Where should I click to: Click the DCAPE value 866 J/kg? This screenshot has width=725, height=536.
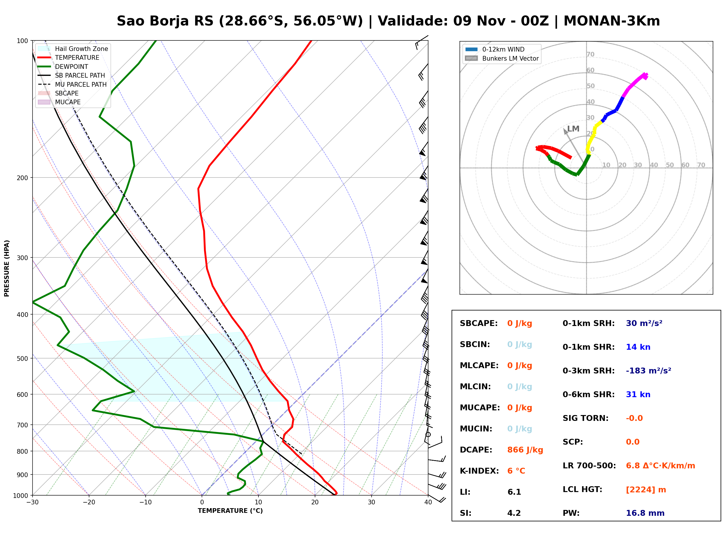525,450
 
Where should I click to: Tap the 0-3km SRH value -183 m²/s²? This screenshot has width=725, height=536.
649,371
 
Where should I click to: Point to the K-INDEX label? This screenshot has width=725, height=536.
479,471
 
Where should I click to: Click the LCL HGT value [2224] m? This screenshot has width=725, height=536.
646,490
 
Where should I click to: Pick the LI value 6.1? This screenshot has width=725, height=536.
514,492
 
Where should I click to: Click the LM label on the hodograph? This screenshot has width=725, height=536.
573,129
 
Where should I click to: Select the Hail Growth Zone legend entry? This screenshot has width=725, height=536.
73,49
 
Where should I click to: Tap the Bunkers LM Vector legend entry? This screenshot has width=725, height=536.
502,58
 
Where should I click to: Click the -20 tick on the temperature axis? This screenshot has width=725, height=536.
89,502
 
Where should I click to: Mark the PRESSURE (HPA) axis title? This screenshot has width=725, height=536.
6,268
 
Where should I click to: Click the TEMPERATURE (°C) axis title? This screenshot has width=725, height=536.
230,511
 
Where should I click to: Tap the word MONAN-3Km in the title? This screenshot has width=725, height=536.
612,21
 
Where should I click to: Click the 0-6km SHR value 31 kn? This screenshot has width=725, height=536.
638,395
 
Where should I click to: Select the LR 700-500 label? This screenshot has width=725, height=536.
589,466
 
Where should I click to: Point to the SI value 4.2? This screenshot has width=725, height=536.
514,513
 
